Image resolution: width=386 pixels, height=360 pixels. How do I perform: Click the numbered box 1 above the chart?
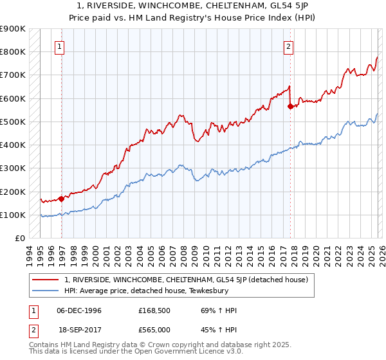tap(59, 46)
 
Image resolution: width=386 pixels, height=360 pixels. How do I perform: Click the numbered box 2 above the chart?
tap(289, 46)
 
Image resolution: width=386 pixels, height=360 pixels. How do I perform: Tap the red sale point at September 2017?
tap(290, 107)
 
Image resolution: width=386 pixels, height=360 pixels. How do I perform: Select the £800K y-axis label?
tap(12, 51)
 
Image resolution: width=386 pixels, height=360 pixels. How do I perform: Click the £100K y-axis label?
tap(12, 215)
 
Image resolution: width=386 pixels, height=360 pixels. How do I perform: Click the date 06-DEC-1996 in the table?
tap(80, 310)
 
